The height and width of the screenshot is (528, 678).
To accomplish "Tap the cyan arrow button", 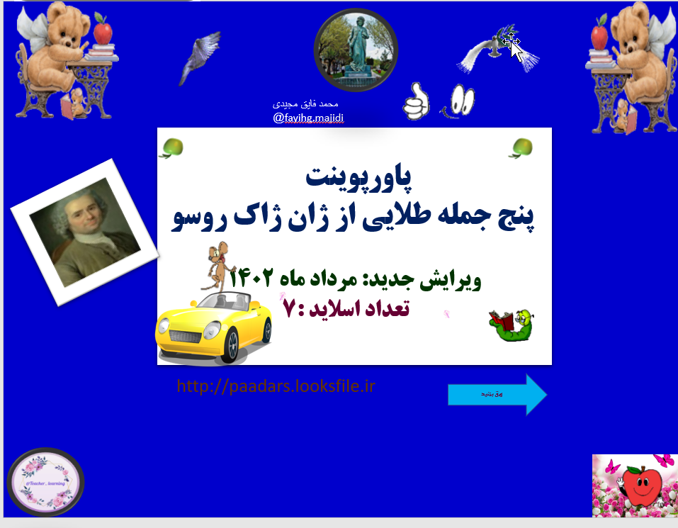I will tap(497, 393).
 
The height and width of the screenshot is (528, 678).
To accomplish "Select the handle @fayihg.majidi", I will tap(308, 118).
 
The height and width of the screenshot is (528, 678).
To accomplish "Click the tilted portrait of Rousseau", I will tap(85, 231).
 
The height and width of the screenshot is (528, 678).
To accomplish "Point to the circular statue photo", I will tap(356, 50).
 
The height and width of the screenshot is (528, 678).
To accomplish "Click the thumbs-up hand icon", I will tap(417, 101).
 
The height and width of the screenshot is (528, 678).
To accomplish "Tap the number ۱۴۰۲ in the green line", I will tap(251, 279).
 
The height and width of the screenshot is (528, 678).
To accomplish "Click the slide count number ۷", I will tap(288, 310).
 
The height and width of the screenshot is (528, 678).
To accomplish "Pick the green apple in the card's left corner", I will tap(172, 147).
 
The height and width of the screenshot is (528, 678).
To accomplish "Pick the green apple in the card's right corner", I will tap(521, 147).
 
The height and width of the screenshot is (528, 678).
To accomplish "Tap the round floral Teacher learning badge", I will tap(45, 482).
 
